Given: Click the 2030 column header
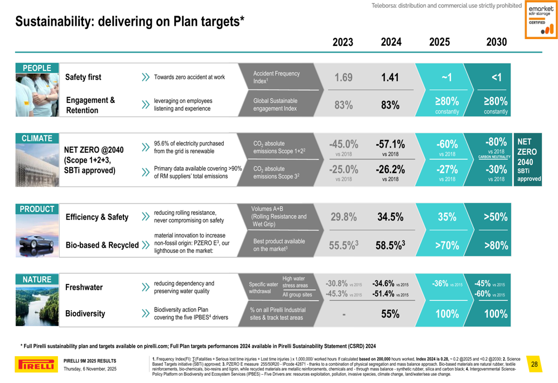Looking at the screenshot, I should coord(496,42).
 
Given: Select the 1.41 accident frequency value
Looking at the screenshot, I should coord(390,78).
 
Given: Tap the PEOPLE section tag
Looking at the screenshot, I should coord(37,68).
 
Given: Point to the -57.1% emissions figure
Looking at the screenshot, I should coord(390,144).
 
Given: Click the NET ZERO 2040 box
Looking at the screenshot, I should coord(527,160).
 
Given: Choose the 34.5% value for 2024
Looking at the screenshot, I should coord(390,217).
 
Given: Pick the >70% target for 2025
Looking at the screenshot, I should coord(447,245).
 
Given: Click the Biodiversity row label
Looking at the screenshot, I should coord(85,314).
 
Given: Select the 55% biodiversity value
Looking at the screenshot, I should coord(390,314).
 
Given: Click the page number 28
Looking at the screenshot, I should coord(535,365).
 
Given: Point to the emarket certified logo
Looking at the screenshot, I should coord(541,20).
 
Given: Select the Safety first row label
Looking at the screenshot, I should coord(83,77).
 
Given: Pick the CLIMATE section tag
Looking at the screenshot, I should coord(37,138).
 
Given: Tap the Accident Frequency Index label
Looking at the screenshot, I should coord(276,77).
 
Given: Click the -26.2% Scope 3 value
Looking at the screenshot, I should coord(390,170).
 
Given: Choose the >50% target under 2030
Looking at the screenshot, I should coord(496,217).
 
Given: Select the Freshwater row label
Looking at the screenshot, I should coord(84,287).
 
